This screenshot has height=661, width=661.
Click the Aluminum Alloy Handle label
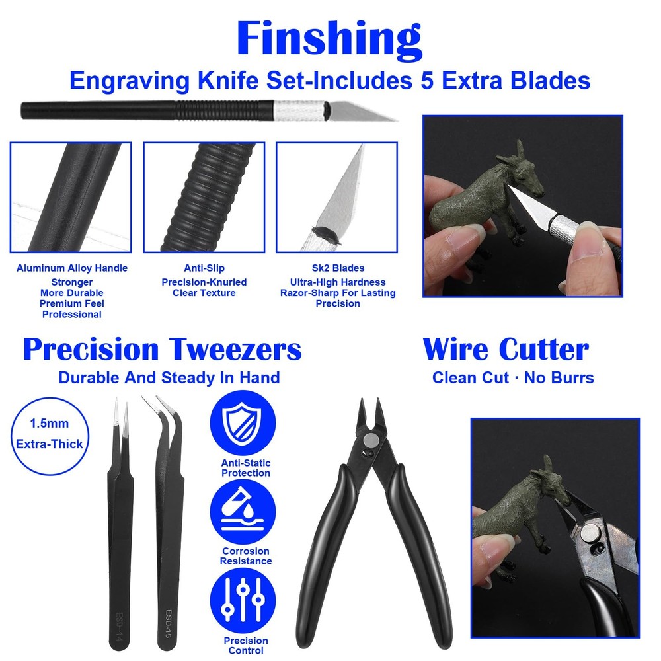point(72,268)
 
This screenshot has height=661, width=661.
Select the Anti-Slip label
point(204,268)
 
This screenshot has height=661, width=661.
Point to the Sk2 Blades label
point(338,268)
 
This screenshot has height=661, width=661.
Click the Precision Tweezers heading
point(162,349)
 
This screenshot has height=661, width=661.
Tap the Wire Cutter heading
point(506,349)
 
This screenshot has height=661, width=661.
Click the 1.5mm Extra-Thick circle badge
point(50,433)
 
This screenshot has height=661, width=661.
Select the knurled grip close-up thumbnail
point(204,197)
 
